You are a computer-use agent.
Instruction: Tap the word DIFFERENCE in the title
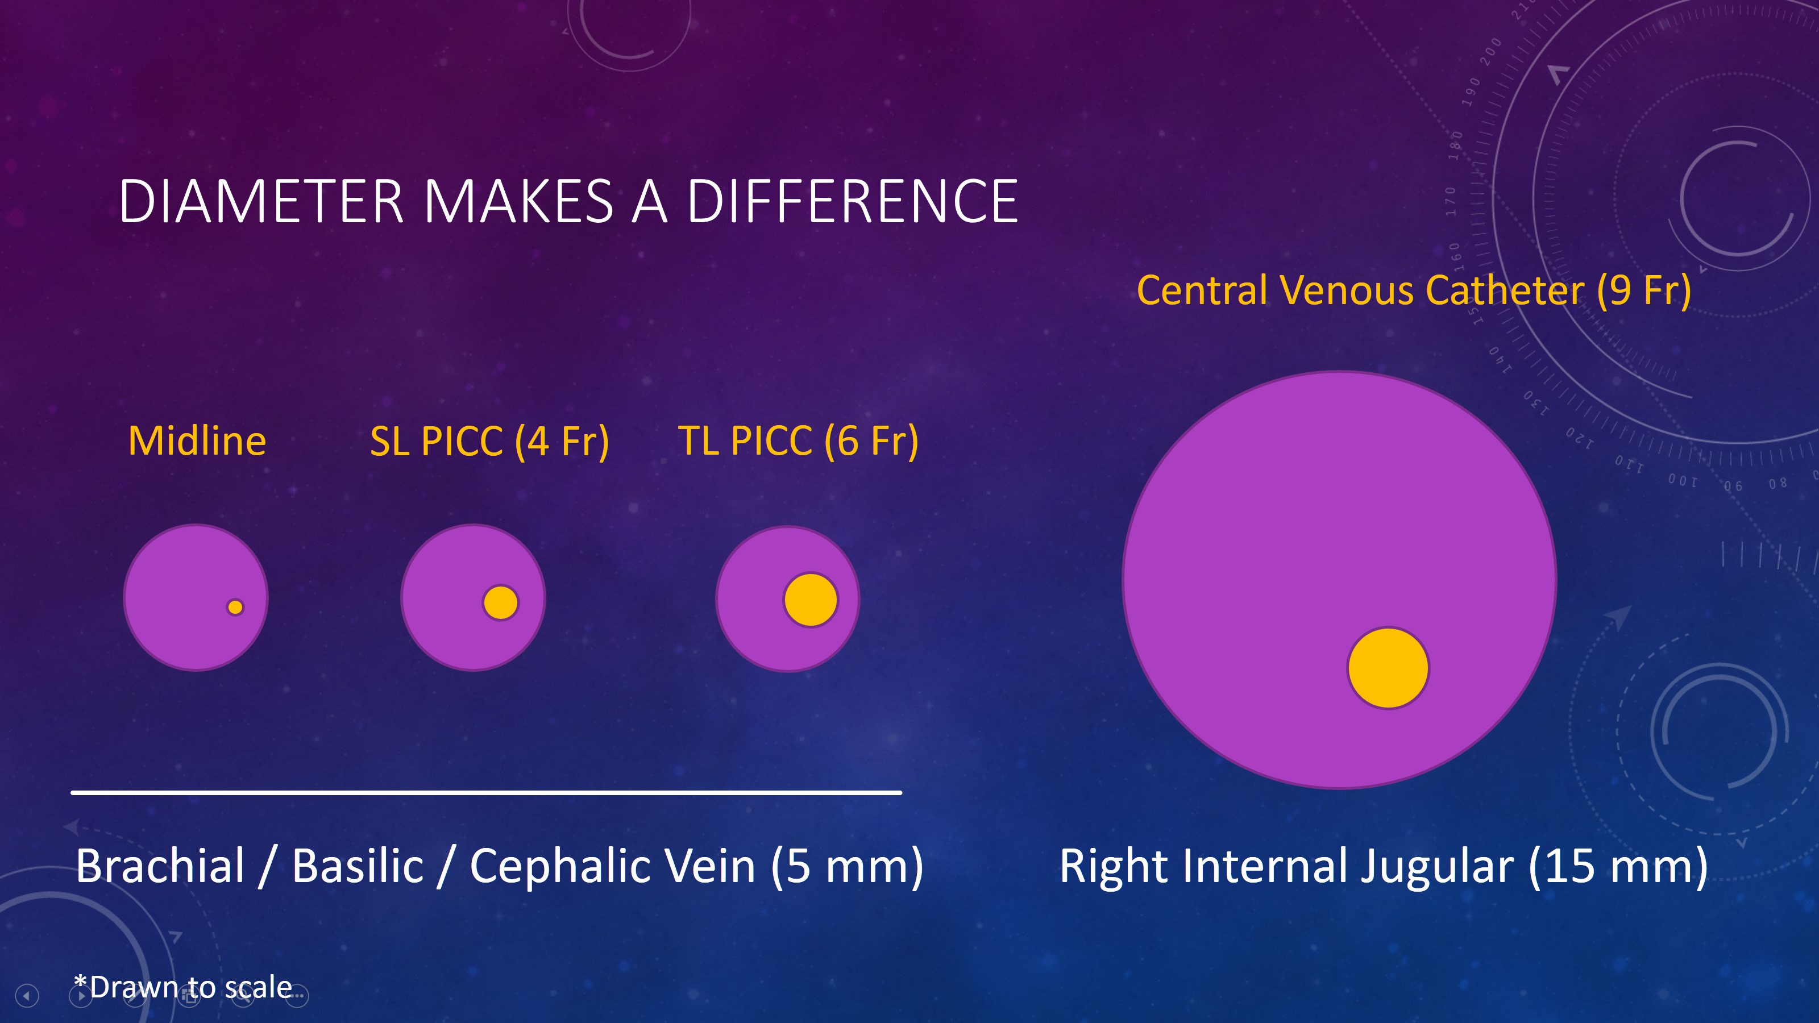(852, 202)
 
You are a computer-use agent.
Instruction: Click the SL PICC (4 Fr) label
(489, 442)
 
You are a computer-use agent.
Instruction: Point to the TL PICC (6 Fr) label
(799, 442)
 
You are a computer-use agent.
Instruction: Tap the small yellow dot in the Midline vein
(235, 607)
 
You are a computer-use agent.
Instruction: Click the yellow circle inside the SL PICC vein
(501, 603)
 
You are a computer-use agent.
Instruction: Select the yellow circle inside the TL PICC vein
(811, 600)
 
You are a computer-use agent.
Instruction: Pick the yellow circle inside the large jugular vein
(1388, 668)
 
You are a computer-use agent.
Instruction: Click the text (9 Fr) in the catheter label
(1644, 291)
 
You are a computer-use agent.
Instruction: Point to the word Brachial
(160, 866)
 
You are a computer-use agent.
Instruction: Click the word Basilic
(358, 866)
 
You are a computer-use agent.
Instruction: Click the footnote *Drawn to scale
(183, 987)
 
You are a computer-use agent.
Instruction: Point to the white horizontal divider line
(487, 793)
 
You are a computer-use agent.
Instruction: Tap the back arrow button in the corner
(27, 996)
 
